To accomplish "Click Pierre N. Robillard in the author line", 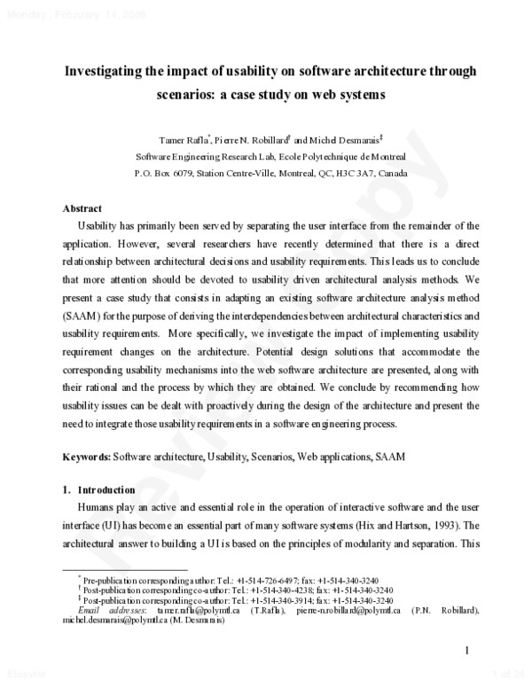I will [251, 139].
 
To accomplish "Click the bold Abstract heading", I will [82, 208].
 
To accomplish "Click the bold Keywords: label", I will [86, 457].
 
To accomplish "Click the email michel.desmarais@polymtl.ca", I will [115, 620].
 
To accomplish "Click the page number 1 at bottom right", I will [466, 653].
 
